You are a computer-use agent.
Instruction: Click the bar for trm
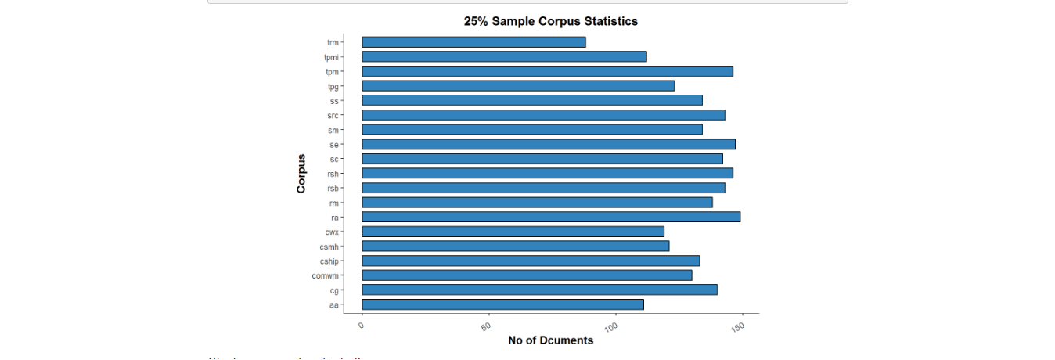pyautogui.click(x=473, y=42)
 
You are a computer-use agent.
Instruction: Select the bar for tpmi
pyautogui.click(x=504, y=56)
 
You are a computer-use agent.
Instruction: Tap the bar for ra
pyautogui.click(x=551, y=217)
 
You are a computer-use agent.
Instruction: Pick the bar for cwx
pyautogui.click(x=513, y=232)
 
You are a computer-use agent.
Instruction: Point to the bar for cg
pyautogui.click(x=539, y=290)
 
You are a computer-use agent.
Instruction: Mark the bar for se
pyautogui.click(x=548, y=144)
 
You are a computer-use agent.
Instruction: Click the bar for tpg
pyautogui.click(x=518, y=85)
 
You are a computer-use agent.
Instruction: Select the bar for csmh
pyautogui.click(x=515, y=247)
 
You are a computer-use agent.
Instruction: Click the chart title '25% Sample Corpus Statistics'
pyautogui.click(x=551, y=21)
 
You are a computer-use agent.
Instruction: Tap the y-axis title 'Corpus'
pyautogui.click(x=301, y=173)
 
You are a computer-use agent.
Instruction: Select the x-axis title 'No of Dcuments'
pyautogui.click(x=551, y=340)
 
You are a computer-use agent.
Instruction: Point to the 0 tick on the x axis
pyautogui.click(x=362, y=323)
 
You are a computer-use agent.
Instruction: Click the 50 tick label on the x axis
pyautogui.click(x=487, y=325)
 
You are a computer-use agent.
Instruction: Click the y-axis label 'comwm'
pyautogui.click(x=325, y=275)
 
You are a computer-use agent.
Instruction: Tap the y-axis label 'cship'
pyautogui.click(x=329, y=261)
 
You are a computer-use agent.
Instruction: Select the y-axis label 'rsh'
pyautogui.click(x=333, y=174)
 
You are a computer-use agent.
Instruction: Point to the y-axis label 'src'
pyautogui.click(x=333, y=115)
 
